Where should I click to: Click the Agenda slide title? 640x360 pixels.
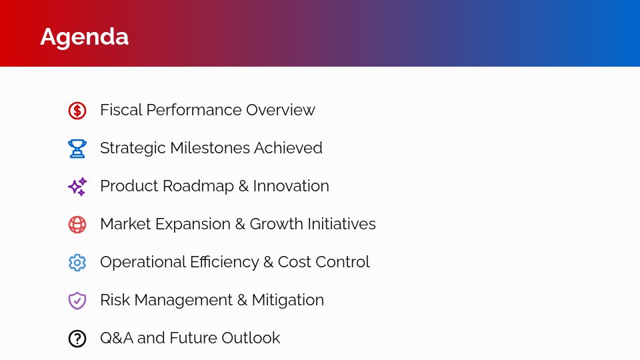pos(84,37)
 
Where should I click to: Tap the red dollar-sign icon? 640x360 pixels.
pos(77,111)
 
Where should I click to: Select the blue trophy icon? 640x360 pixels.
pos(77,148)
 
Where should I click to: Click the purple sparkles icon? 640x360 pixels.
pos(77,187)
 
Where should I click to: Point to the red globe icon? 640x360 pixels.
pos(77,225)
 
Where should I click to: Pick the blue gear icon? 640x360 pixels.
pos(77,263)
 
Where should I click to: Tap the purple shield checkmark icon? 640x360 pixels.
pos(77,301)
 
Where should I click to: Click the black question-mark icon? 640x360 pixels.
pos(77,339)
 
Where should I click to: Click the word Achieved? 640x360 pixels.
pos(291,148)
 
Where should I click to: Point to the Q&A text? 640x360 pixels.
pos(116,338)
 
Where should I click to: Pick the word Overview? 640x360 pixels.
pos(280,110)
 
